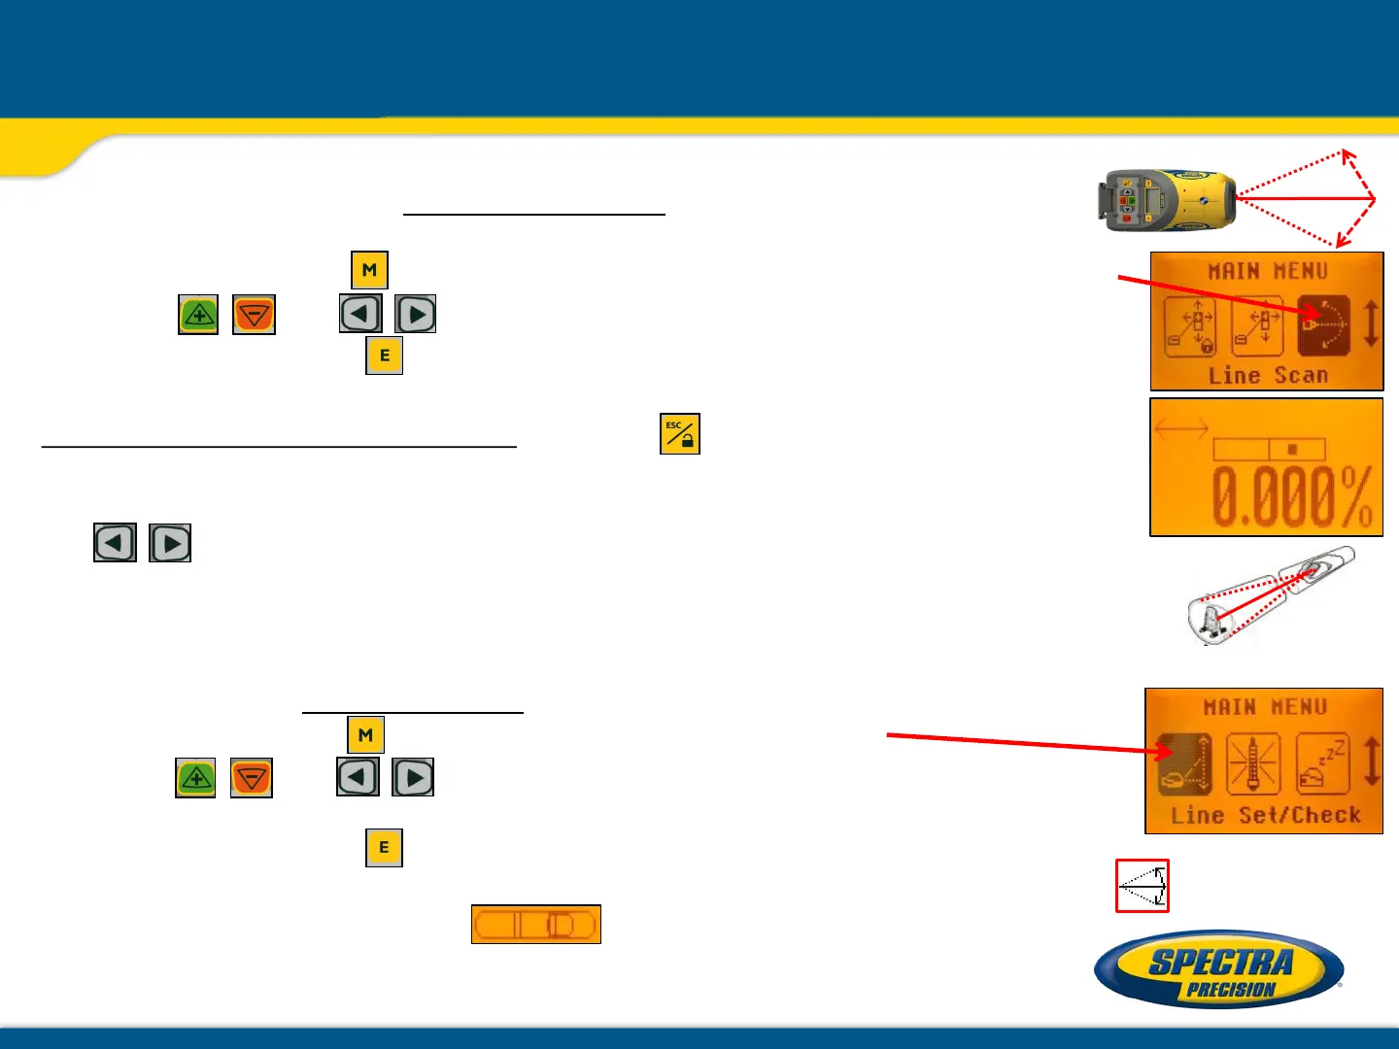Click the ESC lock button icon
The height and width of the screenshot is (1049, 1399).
pos(679,434)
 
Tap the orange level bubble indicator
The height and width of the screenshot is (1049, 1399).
pos(535,924)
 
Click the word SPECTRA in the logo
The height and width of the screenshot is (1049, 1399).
pos(1221,962)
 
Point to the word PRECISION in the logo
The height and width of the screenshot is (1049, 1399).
pos(1230,990)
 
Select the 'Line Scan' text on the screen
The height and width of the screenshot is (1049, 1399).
pos(1267,376)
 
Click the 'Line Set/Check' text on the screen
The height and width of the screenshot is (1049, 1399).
pos(1265,815)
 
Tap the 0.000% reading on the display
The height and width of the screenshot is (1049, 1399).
pos(1292,497)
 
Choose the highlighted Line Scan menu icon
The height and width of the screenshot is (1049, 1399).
pos(1323,325)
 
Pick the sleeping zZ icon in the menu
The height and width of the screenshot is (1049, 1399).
pos(1322,764)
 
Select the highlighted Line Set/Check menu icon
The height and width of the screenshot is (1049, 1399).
pos(1185,764)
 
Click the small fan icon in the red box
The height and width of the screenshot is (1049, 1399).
pos(1143,886)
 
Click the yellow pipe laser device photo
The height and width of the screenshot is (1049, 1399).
pos(1167,201)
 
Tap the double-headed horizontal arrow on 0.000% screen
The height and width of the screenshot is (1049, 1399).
pos(1181,427)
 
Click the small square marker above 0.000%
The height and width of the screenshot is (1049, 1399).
pos(1292,450)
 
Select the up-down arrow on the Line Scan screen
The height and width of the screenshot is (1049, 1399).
pos(1371,324)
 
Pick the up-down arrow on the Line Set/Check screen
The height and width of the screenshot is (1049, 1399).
pos(1371,761)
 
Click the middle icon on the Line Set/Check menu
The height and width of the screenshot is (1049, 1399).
pos(1253,764)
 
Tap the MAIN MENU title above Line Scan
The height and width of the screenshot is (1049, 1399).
pos(1267,271)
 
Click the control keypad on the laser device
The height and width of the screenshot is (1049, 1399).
pos(1128,200)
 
